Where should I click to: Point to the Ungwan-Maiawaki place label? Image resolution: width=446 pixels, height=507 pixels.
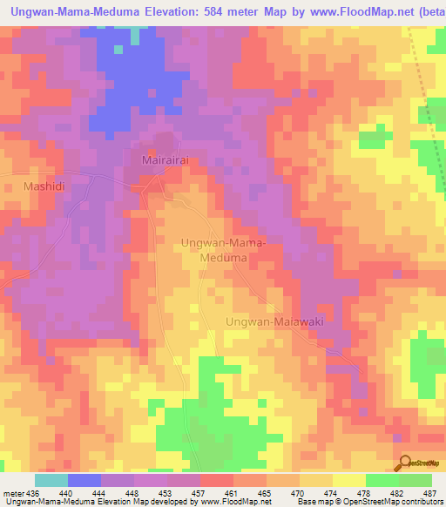point(274,322)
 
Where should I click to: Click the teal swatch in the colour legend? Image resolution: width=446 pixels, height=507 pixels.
point(51,480)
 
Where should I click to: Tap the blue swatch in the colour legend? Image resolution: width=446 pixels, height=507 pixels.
point(84,480)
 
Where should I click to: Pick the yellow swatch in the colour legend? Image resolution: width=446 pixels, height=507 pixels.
point(348,480)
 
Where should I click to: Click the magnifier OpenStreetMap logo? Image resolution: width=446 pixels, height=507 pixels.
point(406,463)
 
